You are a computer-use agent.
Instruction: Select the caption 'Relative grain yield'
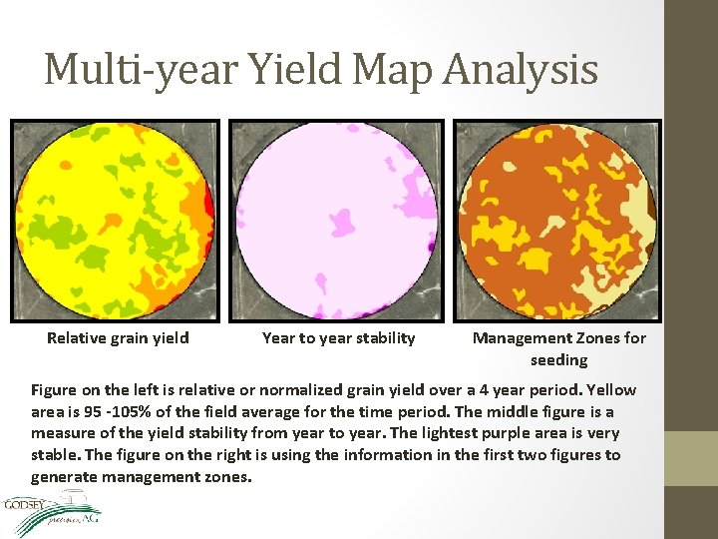[x=118, y=337]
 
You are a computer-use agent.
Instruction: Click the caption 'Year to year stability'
[x=338, y=337]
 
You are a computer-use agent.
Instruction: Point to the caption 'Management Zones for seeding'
[x=558, y=348]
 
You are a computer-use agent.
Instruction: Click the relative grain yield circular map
[x=114, y=219]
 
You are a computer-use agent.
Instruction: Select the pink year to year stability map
[x=337, y=219]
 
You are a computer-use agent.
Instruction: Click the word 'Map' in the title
[x=388, y=70]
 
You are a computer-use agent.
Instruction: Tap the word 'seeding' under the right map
[x=558, y=359]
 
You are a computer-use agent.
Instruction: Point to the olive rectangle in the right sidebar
[x=691, y=457]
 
